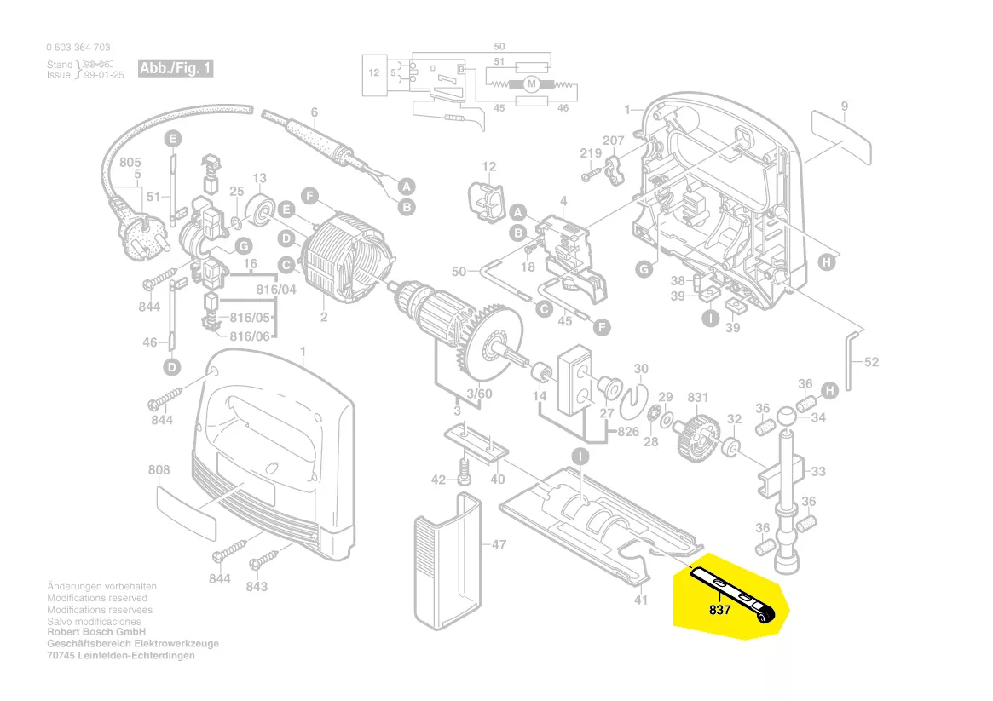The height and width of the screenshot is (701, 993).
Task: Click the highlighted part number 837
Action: click(719, 611)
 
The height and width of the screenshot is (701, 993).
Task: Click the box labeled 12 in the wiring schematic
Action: click(374, 73)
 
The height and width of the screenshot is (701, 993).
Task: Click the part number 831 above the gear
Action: click(698, 397)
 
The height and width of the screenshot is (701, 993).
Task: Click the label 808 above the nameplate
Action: click(159, 469)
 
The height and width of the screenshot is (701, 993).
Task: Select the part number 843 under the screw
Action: click(257, 586)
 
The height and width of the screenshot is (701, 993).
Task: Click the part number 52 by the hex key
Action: click(871, 362)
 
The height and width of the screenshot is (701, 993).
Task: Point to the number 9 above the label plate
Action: click(844, 106)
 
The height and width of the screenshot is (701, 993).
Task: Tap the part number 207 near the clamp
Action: click(614, 141)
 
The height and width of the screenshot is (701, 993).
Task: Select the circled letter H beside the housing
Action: click(826, 263)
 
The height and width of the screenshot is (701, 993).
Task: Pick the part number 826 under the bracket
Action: click(628, 432)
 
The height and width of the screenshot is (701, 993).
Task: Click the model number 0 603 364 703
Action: click(78, 48)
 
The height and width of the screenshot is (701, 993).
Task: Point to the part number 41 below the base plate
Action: click(641, 600)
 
